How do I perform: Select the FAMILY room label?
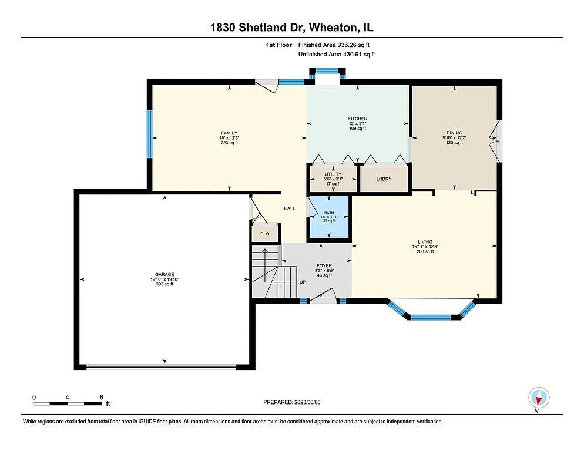229,133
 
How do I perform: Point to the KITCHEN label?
357,119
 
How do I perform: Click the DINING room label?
454,133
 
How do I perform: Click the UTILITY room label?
333,174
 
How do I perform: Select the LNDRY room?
384,179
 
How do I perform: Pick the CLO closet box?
265,234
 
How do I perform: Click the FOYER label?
324,266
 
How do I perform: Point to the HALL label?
290,208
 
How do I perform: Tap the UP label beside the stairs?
303,282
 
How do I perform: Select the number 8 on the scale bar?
102,398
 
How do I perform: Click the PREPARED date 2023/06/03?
292,402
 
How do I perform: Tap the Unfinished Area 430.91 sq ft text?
337,54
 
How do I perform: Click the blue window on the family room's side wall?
149,134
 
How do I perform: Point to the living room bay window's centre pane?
431,318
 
